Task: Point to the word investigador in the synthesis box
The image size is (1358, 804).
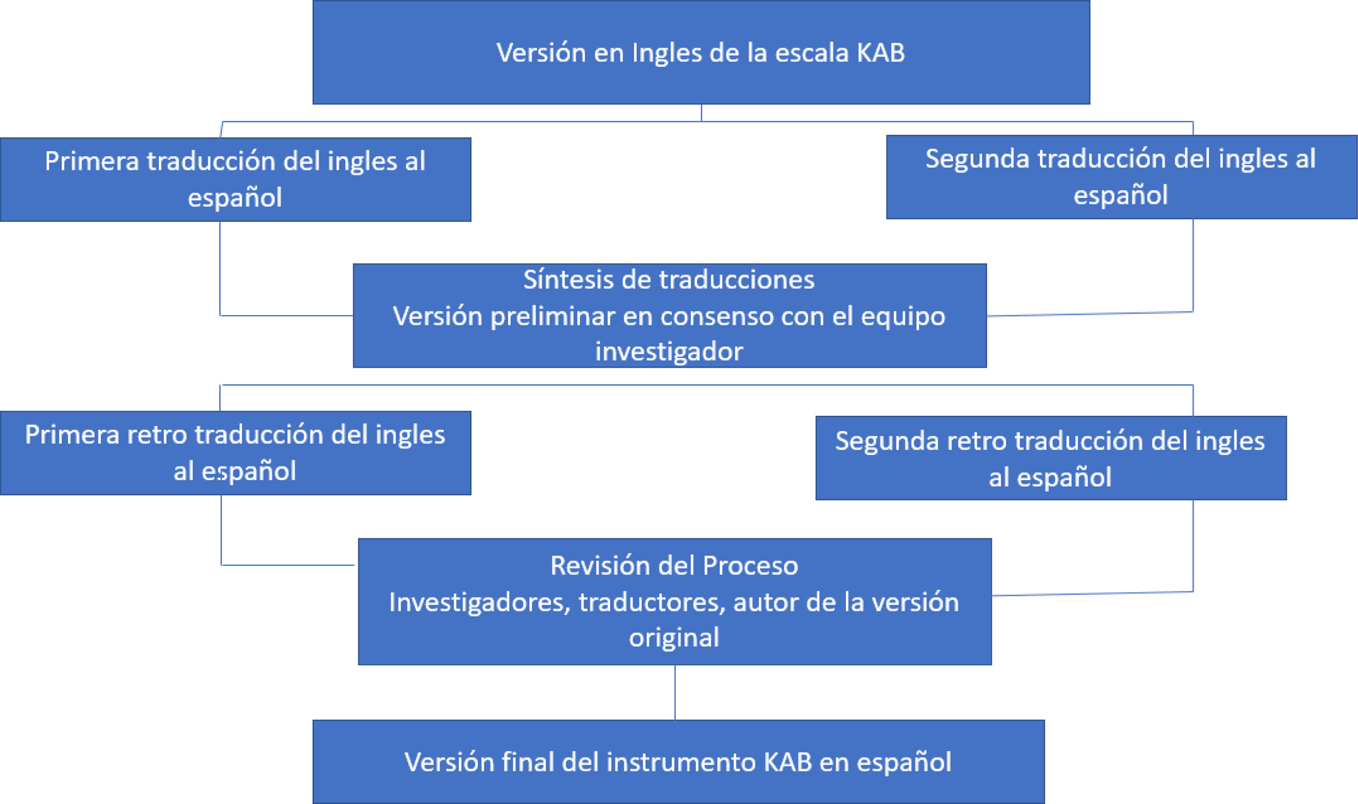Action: click(669, 351)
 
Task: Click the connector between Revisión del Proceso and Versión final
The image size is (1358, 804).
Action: click(675, 692)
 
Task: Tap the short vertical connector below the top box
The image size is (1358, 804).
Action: click(701, 113)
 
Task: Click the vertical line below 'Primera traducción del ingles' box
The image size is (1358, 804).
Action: click(220, 268)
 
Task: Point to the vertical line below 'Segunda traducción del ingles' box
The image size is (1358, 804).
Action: click(1193, 265)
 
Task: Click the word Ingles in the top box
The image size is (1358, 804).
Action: click(665, 53)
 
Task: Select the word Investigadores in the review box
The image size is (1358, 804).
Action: click(479, 603)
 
